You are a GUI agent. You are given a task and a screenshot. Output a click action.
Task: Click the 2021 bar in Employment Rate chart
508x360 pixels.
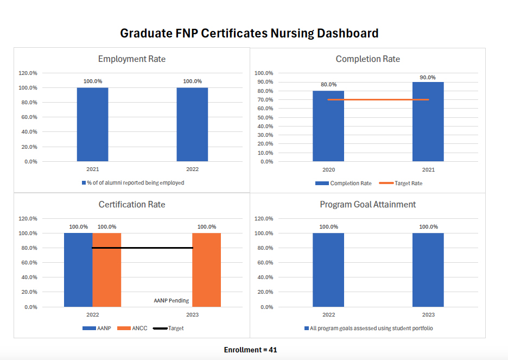tap(92, 124)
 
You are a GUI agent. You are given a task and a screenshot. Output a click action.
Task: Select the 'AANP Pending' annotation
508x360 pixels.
tap(171, 301)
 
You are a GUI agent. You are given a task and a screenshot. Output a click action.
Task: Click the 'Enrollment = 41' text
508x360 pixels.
tap(250, 350)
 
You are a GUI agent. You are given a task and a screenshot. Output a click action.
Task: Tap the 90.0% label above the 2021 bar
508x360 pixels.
tap(428, 78)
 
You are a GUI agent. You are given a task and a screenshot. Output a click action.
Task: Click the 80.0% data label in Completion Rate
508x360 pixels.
tap(328, 85)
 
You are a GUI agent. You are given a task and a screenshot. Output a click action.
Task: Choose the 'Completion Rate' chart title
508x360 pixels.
tap(367, 59)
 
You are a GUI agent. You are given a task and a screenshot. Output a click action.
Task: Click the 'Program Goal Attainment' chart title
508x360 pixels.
tap(367, 205)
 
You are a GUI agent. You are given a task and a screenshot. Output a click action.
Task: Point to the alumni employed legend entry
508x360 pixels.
tap(132, 183)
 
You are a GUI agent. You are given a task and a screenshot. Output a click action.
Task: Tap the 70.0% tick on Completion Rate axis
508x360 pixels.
tap(264, 100)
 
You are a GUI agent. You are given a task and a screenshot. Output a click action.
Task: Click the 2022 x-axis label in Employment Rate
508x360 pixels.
tap(192, 169)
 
